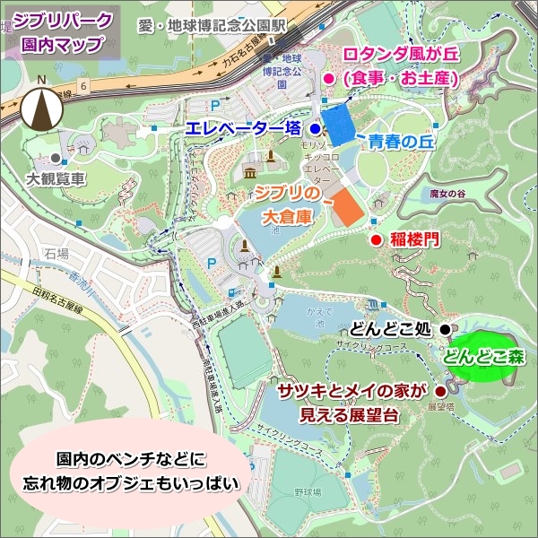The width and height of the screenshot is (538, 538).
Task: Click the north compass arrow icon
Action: [41, 106]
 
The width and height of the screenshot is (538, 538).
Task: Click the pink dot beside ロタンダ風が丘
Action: [328, 79]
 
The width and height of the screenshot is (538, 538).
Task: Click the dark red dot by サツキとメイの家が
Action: [440, 392]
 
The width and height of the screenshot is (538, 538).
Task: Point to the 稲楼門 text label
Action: [417, 239]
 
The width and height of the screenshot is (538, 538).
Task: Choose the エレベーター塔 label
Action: [243, 129]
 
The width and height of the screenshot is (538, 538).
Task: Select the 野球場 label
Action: [308, 494]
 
